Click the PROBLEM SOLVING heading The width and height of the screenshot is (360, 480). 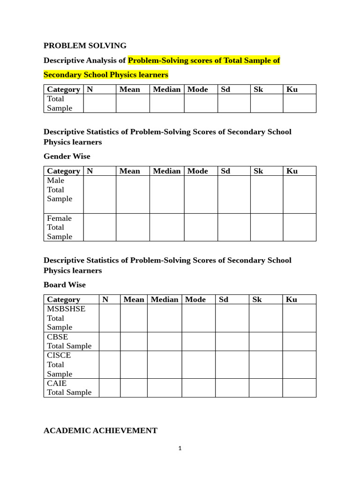[x=85, y=45]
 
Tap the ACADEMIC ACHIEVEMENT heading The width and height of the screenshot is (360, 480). [x=100, y=430]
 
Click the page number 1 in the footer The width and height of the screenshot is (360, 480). [x=180, y=448]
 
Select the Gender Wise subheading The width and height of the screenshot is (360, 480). [x=67, y=156]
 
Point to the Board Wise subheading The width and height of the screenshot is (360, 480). [x=65, y=285]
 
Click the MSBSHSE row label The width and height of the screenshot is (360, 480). [x=66, y=309]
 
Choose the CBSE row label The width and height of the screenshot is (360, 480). [x=57, y=337]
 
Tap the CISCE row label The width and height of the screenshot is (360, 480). [x=59, y=355]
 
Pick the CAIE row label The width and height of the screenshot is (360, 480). [x=57, y=383]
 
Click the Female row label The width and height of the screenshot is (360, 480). [x=60, y=218]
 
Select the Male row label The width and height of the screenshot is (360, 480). [x=56, y=180]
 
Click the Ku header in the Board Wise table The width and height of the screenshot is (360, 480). [x=292, y=300]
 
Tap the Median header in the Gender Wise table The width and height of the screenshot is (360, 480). [x=166, y=171]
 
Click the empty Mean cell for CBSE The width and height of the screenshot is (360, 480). [x=134, y=341]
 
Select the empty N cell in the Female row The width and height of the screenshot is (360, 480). [x=99, y=227]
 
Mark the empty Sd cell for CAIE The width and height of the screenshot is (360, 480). [x=232, y=388]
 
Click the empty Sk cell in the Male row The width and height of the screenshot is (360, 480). [x=266, y=195]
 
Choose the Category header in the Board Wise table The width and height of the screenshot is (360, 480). [x=63, y=300]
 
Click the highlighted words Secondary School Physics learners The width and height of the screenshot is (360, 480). [x=105, y=75]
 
